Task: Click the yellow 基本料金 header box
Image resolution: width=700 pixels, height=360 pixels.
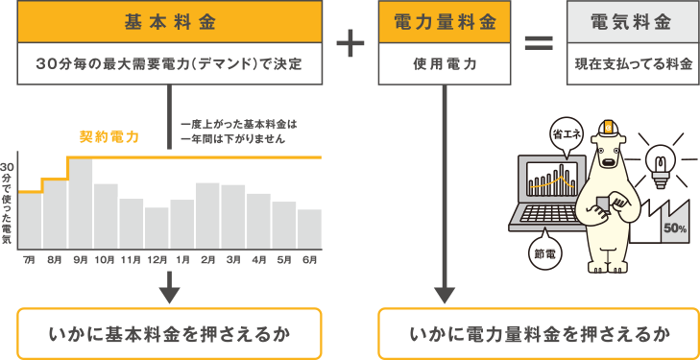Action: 168,21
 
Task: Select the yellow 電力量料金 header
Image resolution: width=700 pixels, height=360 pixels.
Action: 443,21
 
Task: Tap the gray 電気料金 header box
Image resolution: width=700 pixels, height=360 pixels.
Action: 633,21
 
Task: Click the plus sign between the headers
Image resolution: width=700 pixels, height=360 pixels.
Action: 350,43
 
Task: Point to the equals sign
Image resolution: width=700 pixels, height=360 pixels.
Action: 538,43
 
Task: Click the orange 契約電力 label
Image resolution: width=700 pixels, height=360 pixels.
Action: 109,136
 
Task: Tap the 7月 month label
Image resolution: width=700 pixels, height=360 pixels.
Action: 29,259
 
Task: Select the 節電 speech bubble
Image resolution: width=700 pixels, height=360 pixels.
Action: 545,253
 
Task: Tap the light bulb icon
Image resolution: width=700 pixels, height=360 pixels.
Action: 661,162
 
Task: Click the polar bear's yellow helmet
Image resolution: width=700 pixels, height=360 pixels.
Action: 607,129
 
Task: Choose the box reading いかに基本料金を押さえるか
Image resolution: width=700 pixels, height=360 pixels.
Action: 168,335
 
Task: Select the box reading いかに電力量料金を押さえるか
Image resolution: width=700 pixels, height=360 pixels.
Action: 539,335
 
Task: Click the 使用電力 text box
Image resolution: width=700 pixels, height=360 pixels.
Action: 443,64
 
